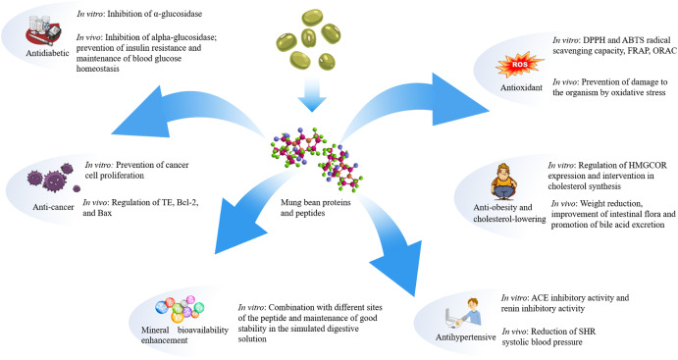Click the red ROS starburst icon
click(x=520, y=65)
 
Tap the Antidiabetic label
click(x=47, y=53)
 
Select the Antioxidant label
click(x=521, y=87)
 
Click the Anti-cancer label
click(x=53, y=207)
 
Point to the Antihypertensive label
click(x=465, y=337)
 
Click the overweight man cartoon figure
click(x=504, y=181)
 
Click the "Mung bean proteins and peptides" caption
click(x=315, y=207)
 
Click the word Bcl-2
click(x=187, y=202)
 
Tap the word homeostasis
click(x=98, y=69)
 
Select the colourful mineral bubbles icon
click(x=180, y=309)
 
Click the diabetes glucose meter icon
click(x=43, y=30)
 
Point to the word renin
click(x=512, y=309)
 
